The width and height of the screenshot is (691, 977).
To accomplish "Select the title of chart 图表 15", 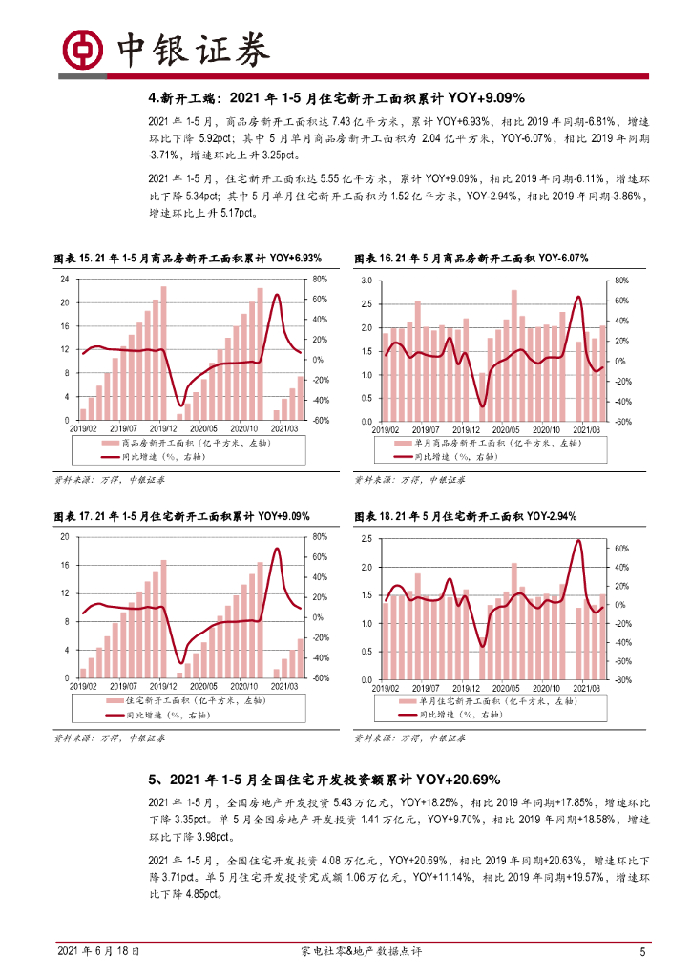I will click(187, 259).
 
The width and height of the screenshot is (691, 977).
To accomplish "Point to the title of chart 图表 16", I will click(471, 259).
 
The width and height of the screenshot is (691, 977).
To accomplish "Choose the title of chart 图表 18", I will click(465, 516).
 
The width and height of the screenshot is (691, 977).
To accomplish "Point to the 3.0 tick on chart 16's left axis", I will click(365, 281).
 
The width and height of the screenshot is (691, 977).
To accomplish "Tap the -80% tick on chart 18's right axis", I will click(620, 680).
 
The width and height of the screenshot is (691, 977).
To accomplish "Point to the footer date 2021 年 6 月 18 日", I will click(100, 951).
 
